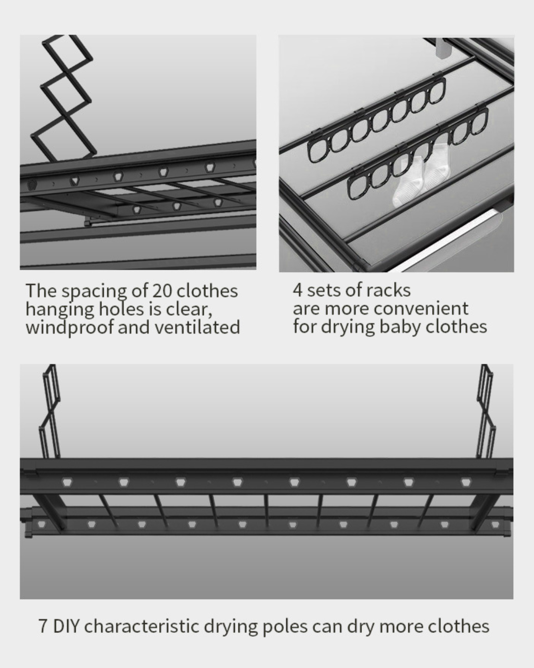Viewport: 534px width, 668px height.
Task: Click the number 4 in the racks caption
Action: pyautogui.click(x=297, y=290)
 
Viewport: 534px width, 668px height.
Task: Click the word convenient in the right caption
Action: pyautogui.click(x=421, y=309)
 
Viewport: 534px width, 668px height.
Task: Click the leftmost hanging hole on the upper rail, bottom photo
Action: pyautogui.click(x=67, y=482)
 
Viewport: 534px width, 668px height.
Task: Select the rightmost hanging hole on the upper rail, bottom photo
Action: pyautogui.click(x=465, y=482)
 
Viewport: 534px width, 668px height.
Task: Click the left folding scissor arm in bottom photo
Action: pyautogui.click(x=49, y=411)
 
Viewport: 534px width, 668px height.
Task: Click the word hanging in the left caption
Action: pyautogui.click(x=59, y=310)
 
